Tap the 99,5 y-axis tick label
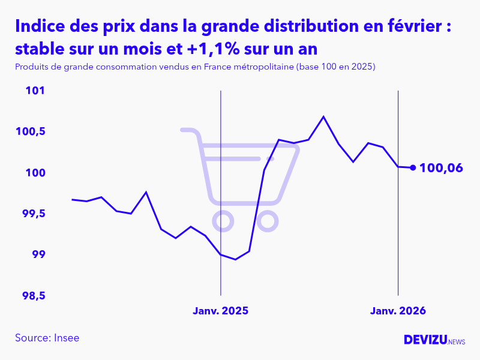pos(34,214)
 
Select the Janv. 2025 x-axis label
pos(220,311)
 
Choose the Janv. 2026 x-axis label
pos(398,311)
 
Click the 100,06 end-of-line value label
pos(441,168)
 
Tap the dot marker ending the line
pos(413,167)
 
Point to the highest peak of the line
pos(323,116)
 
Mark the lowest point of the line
pos(235,259)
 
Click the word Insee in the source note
pos(66,338)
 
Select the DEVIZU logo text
pos(425,340)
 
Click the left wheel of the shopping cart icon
pos(223,222)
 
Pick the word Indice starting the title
pos(39,26)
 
